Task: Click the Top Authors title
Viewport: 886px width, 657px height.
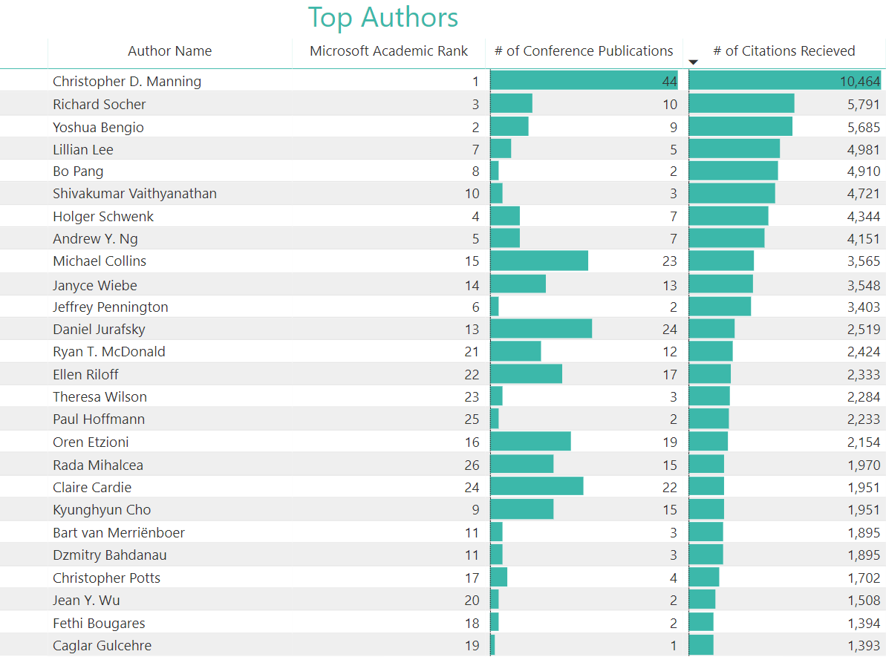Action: pos(383,18)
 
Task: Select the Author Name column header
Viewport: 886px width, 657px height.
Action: pos(169,51)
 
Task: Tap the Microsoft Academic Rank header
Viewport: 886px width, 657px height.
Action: pos(388,51)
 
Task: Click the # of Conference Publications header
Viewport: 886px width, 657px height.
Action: pos(584,51)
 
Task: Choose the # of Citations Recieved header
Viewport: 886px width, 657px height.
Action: pos(784,51)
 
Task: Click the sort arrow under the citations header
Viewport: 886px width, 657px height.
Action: pos(694,62)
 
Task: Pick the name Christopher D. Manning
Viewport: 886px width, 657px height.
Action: pos(127,82)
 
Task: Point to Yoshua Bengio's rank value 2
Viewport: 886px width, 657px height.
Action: pos(475,127)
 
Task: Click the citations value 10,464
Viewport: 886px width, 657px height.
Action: pos(860,82)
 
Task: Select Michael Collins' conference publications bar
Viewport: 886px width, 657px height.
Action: pos(539,261)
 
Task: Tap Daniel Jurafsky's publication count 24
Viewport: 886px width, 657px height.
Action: pos(670,330)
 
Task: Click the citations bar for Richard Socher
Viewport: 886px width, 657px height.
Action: pos(741,104)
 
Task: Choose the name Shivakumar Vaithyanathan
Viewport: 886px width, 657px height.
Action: pos(134,194)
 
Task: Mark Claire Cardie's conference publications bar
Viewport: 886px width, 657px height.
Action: pos(537,487)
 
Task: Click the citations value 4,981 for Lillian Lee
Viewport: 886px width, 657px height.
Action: pos(863,149)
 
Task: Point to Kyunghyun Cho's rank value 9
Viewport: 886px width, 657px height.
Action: pos(475,510)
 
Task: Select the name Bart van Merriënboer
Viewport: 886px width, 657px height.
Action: pos(119,533)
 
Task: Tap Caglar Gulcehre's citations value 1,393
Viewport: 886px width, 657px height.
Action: pos(863,646)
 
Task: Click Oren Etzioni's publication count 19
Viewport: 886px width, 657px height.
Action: pos(670,442)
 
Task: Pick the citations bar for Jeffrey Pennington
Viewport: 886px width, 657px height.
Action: pos(720,307)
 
